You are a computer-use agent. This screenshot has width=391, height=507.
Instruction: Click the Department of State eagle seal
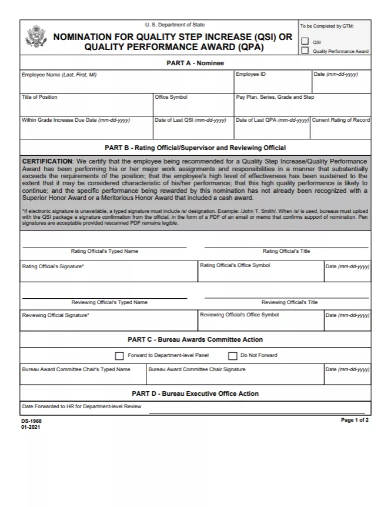(36, 37)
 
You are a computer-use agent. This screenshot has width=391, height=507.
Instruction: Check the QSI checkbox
(305, 42)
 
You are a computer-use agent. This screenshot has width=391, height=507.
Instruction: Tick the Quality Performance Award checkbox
(305, 51)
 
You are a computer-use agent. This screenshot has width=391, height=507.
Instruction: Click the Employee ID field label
(250, 75)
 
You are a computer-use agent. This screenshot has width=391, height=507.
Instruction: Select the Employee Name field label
(59, 75)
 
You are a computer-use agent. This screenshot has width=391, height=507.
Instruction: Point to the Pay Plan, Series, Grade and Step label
(275, 97)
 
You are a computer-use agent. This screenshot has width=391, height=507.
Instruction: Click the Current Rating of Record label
(340, 120)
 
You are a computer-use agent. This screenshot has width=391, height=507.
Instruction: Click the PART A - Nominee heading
(195, 63)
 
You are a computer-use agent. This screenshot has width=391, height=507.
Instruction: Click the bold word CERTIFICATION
(47, 161)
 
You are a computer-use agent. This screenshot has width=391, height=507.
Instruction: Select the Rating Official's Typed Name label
(105, 251)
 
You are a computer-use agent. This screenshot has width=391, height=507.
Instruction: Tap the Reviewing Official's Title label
(289, 302)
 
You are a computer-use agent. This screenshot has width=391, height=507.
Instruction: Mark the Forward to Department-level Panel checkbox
(119, 356)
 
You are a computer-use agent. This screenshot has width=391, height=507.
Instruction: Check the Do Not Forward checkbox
(232, 356)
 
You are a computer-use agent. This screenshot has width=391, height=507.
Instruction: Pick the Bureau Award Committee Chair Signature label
(197, 369)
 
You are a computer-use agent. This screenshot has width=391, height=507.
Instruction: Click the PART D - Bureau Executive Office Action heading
(195, 393)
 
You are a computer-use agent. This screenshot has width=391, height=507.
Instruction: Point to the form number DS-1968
(31, 421)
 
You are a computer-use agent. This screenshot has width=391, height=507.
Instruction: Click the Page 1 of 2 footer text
(355, 421)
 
